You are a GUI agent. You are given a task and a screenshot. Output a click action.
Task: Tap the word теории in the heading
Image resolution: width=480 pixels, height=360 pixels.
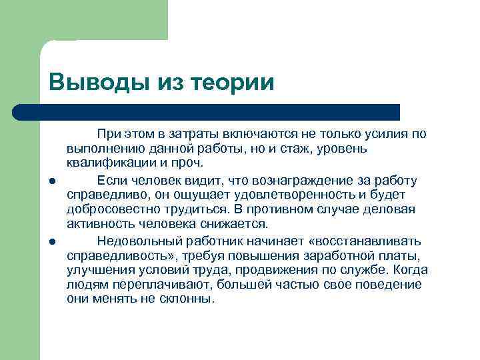232,83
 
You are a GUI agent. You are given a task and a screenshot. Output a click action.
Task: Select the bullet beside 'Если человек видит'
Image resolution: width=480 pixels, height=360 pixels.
51,181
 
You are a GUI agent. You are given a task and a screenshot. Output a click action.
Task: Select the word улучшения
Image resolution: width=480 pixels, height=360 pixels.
97,270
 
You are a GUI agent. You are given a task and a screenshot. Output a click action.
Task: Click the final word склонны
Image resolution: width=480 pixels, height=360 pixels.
189,299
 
